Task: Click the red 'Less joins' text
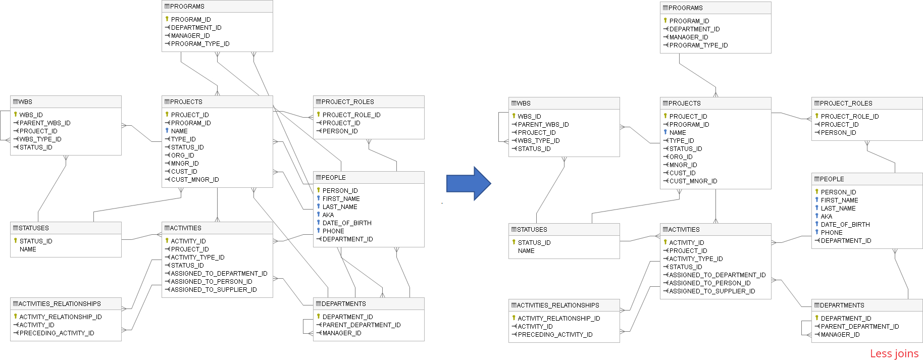[894, 353]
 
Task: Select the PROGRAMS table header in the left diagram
[187, 7]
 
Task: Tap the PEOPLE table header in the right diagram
[832, 179]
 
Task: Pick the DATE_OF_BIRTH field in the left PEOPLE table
[347, 223]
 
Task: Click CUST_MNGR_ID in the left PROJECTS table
[195, 180]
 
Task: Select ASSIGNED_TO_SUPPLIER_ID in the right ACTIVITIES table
[712, 291]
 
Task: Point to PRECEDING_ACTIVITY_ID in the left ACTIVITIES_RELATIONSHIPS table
[57, 333]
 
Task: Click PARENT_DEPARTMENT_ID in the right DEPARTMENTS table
[859, 327]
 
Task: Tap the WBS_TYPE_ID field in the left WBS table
[40, 139]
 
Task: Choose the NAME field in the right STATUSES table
[526, 251]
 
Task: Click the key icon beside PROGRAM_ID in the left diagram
[167, 19]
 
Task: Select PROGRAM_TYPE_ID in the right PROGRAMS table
[698, 45]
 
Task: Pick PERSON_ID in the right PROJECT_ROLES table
[838, 133]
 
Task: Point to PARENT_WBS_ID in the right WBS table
[543, 125]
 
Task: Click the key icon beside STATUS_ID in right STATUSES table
[514, 242]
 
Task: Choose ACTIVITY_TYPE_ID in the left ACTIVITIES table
[197, 258]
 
